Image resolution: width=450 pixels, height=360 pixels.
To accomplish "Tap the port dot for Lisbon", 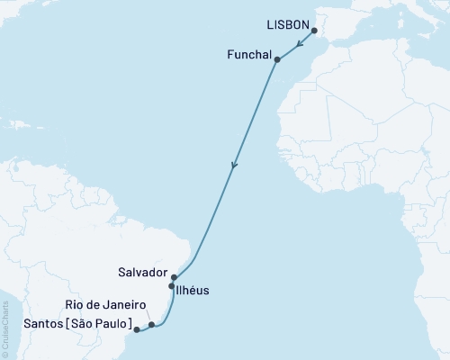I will (x=314, y=31).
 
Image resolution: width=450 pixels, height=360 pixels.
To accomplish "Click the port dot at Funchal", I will (x=277, y=60).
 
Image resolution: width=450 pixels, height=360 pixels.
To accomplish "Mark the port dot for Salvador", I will (x=174, y=278).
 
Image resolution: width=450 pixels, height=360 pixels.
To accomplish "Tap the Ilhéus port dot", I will (x=171, y=287).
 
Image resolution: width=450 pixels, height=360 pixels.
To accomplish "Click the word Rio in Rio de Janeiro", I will (x=76, y=305).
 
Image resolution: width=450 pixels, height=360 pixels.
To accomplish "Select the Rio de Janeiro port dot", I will (x=151, y=324).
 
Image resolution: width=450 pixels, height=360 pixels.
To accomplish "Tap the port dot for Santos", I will (x=136, y=330).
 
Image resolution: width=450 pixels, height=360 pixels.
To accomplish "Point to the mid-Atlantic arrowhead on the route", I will (x=234, y=166).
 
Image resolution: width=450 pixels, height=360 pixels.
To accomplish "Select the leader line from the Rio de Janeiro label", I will (x=146, y=316).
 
